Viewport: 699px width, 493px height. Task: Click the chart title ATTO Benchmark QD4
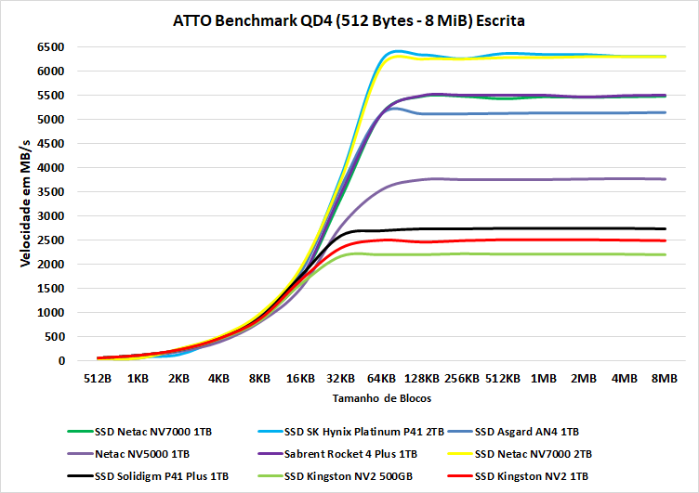[349, 19]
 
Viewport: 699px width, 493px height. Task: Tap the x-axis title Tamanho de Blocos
[378, 397]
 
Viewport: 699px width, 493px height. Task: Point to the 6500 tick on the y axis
[50, 46]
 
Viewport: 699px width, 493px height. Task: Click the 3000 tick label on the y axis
[50, 215]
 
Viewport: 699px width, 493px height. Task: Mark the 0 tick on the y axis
[60, 360]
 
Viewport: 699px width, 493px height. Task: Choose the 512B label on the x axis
[98, 379]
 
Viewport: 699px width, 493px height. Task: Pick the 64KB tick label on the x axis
[381, 379]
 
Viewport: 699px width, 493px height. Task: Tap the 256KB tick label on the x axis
[462, 379]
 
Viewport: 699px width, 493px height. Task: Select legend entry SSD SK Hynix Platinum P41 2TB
[356, 431]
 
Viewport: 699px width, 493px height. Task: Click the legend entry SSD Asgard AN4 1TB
[526, 431]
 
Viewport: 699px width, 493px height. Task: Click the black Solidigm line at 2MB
[584, 228]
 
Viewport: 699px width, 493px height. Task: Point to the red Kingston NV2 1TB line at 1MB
[543, 240]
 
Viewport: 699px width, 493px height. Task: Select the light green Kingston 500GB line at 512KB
[503, 253]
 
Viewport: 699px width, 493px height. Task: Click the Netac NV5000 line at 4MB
[624, 178]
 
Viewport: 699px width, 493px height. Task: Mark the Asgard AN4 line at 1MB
[543, 113]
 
